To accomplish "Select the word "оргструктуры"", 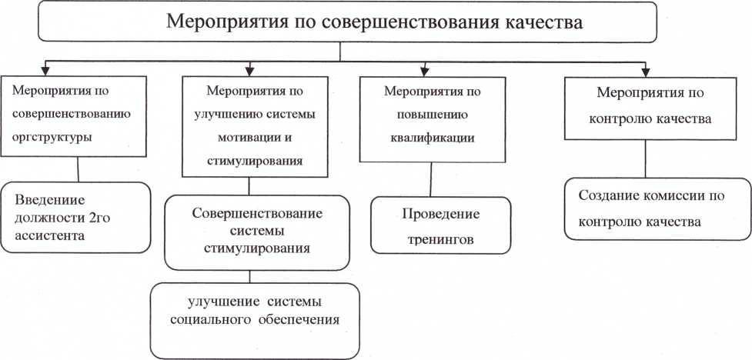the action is [52, 137].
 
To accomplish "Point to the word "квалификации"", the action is [433, 138].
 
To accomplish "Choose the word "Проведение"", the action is [441, 214].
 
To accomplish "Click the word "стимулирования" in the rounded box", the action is [256, 248].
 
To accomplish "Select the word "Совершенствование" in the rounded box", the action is [257, 213].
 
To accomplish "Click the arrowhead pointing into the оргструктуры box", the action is [48, 72].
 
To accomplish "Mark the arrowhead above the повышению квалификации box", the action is [424, 72].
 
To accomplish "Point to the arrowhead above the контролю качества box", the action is [645, 72].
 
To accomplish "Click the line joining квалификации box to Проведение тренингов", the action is [431, 179].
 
